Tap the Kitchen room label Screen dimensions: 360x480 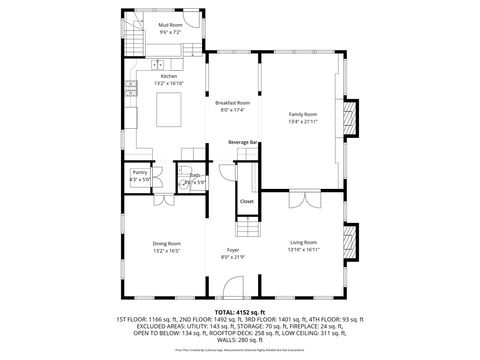tap(169, 76)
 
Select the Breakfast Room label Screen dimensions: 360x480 tap(232, 103)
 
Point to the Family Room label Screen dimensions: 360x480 tap(302, 115)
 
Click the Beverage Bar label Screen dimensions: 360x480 tap(243, 142)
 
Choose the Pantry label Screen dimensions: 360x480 tap(139, 172)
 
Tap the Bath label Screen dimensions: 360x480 tap(195, 175)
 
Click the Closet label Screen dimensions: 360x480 tap(246, 202)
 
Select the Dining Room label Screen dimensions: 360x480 tap(166, 243)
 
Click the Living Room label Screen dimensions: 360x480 tap(303, 242)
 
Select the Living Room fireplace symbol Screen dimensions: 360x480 tap(350, 241)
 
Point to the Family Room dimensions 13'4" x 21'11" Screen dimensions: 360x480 tap(302, 122)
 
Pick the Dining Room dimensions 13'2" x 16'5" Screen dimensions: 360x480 tap(166, 250)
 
